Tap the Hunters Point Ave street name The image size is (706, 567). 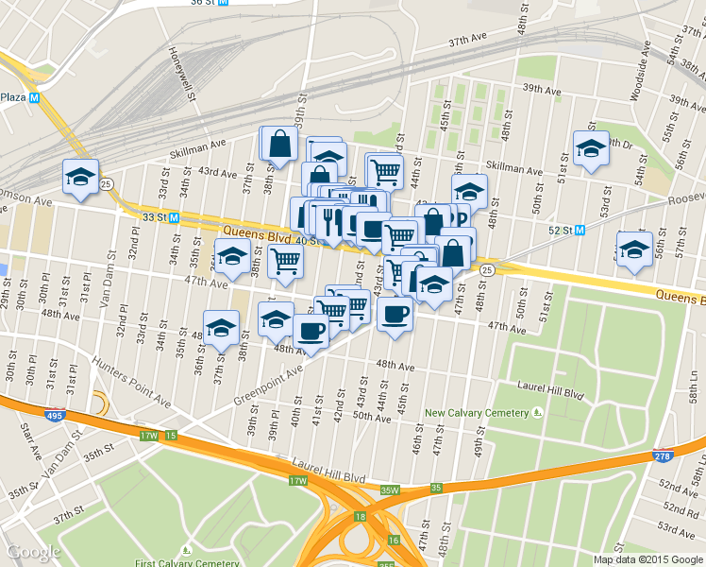(132, 383)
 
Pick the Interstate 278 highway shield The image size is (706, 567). (663, 456)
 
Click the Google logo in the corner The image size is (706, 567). (34, 552)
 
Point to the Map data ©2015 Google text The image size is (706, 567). (647, 559)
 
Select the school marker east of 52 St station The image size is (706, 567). (634, 249)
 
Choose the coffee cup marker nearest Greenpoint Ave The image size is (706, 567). (311, 332)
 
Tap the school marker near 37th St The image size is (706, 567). (221, 328)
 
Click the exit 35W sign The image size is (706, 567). (390, 490)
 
